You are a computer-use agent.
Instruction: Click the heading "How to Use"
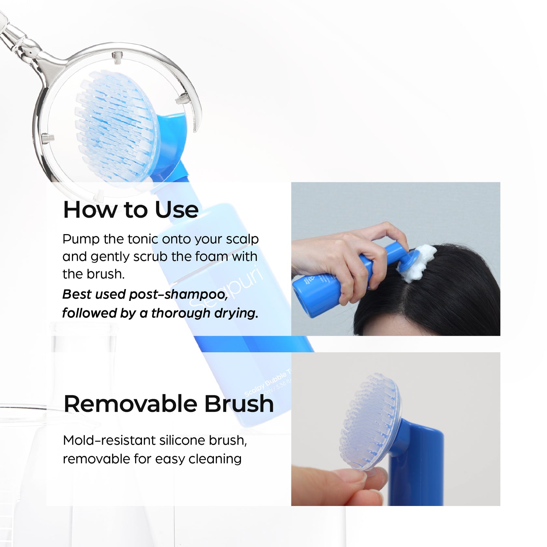131,210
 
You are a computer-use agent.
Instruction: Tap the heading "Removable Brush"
169,404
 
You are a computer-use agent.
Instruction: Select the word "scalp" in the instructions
242,240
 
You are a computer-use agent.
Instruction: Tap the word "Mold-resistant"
106,441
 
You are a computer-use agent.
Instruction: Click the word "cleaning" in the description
215,459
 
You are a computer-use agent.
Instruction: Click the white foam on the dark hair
418,262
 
